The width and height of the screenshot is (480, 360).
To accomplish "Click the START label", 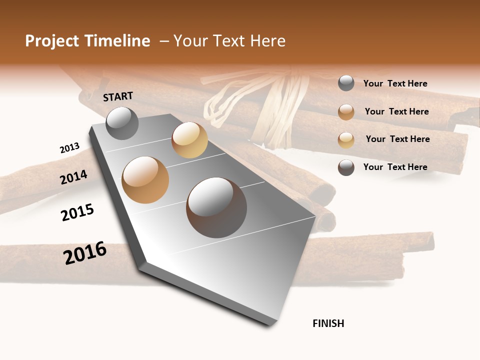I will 118,96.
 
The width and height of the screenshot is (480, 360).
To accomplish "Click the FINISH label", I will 328,323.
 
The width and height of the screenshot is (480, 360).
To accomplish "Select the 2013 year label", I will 69,148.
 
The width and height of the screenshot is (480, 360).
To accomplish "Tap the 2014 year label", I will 73,177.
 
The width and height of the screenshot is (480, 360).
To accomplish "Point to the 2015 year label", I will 77,212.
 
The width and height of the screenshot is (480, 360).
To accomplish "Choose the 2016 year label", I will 85,253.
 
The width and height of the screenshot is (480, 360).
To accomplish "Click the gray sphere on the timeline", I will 122,123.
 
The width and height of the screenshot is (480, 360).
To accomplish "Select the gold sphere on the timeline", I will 189,140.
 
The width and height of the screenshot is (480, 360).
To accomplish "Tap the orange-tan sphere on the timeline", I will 145,180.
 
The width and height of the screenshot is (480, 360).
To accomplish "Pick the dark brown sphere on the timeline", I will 216,207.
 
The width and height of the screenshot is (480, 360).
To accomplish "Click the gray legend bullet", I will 346,83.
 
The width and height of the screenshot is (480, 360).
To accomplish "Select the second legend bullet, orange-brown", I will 346,112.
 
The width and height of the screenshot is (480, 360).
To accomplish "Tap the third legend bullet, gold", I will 346,140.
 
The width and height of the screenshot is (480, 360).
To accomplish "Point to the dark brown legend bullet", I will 346,167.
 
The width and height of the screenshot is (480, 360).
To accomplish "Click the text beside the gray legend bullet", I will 395,83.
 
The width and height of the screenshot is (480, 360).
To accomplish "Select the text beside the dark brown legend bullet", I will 395,167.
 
